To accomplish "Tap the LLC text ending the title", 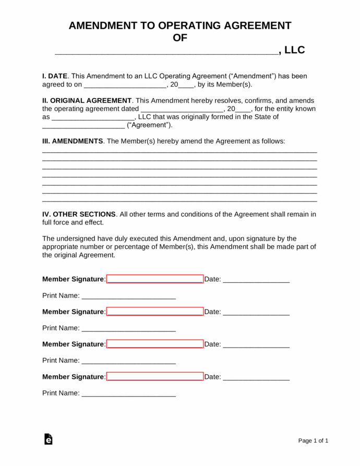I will coord(294,50).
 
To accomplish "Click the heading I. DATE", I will coord(55,76).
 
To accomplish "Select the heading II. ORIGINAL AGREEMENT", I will coord(87,100).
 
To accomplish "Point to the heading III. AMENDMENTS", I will coord(73,141).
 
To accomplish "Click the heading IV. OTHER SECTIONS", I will coord(79,214).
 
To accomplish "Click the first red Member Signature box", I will coord(155,279).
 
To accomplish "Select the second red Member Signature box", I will coord(155,312).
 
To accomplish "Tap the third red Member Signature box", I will coord(155,344).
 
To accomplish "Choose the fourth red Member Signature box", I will coord(155,376).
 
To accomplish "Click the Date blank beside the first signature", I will coord(256,280).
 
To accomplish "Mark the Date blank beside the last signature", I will coord(256,377).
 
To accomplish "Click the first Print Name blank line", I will coord(129,296).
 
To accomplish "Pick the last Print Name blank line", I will coord(129,393).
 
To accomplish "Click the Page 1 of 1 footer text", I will coord(313,441).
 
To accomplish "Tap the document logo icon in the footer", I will coord(48,439).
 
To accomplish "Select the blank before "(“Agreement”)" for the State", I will coord(83,126).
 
